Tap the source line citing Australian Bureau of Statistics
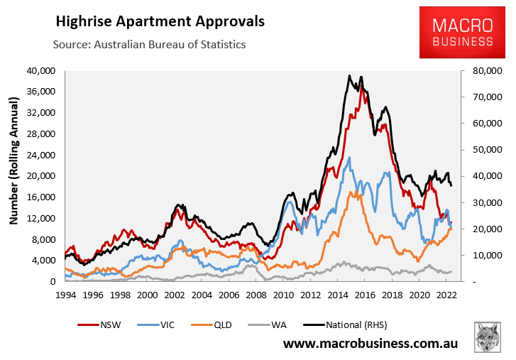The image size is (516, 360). click(x=149, y=44)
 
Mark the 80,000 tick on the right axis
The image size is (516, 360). click(x=481, y=71)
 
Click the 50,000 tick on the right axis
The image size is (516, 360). click(x=481, y=150)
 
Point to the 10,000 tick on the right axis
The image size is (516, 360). click(x=481, y=255)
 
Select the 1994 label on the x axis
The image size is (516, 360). click(x=66, y=294)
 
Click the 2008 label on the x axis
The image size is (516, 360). click(x=256, y=294)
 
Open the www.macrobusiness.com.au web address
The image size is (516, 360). click(x=370, y=344)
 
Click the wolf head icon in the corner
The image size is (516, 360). click(x=488, y=337)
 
